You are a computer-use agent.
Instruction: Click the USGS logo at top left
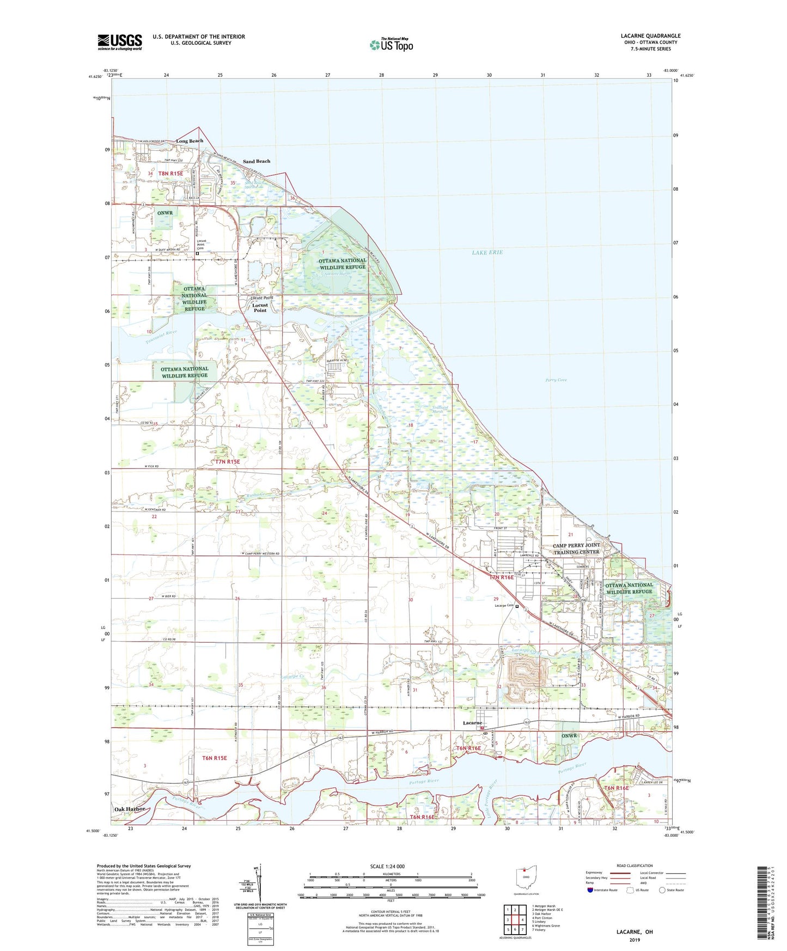pos(119,42)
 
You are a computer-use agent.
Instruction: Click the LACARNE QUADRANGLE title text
pos(650,36)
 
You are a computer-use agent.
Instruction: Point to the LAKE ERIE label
pos(487,253)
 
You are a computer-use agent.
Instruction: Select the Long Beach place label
pos(190,141)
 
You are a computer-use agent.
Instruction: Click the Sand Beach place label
pos(256,161)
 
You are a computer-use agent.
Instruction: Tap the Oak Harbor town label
pos(130,809)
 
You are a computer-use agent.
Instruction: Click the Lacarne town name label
pos(472,723)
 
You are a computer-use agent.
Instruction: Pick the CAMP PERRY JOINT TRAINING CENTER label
pos(576,548)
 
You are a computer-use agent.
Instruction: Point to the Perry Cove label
pos(556,380)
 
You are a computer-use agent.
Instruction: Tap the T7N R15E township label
pos(227,461)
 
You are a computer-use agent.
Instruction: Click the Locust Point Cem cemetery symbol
pos(198,253)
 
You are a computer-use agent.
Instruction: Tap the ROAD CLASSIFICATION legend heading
pos(635,865)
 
